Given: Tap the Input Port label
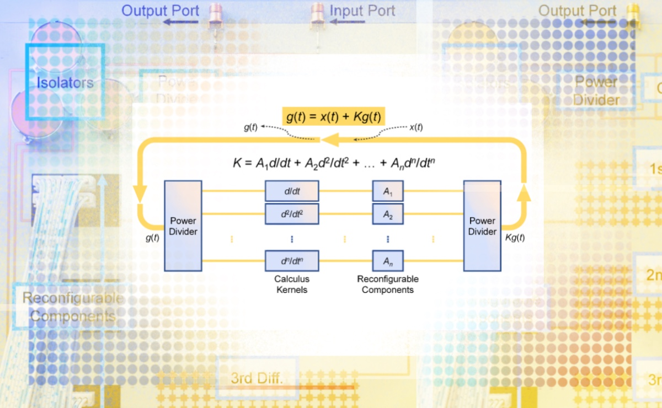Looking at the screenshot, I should click(x=362, y=10).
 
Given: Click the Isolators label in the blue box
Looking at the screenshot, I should click(x=65, y=83).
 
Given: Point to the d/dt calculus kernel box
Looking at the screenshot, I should click(x=292, y=191).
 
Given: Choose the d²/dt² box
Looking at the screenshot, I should click(x=292, y=214).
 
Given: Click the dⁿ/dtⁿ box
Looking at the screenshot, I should click(x=292, y=260).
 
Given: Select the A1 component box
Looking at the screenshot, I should click(x=388, y=191).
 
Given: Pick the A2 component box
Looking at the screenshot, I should click(x=388, y=214).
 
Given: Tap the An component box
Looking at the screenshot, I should click(x=388, y=260).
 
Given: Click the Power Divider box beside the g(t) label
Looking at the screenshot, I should click(x=183, y=226).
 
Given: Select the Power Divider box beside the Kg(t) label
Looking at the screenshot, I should click(x=482, y=226).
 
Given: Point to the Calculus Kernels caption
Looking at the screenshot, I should click(x=292, y=284).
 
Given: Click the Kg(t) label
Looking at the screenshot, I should click(x=515, y=238).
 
